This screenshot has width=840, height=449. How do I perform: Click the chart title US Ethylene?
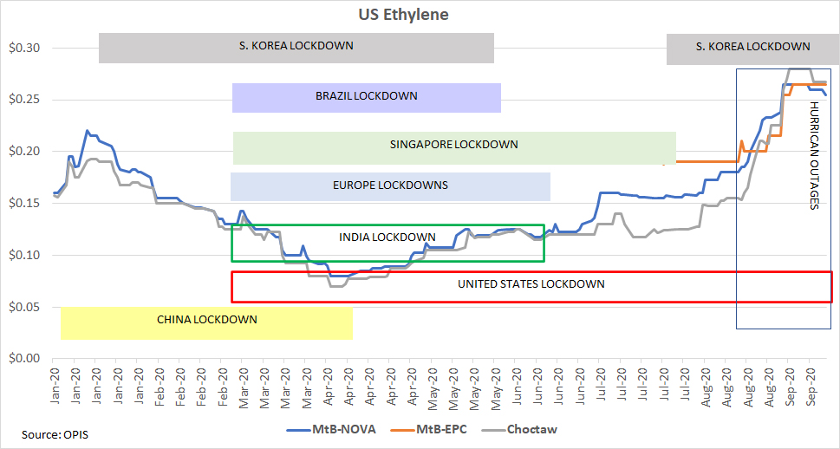pyautogui.click(x=403, y=15)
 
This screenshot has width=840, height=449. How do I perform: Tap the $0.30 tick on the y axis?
pyautogui.click(x=24, y=48)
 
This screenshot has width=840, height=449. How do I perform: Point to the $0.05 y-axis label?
pyautogui.click(x=24, y=307)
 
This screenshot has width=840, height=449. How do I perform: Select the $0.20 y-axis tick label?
pyautogui.click(x=24, y=151)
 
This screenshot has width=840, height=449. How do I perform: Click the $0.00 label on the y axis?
pyautogui.click(x=24, y=358)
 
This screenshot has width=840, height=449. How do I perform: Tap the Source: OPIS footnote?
pyautogui.click(x=55, y=433)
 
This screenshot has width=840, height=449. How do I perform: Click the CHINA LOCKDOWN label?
pyautogui.click(x=206, y=320)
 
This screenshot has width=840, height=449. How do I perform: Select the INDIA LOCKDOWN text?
pyautogui.click(x=387, y=238)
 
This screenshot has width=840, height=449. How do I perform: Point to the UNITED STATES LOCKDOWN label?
pyautogui.click(x=531, y=284)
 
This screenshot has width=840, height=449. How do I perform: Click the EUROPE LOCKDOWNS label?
pyautogui.click(x=390, y=185)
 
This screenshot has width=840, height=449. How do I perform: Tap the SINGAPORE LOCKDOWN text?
pyautogui.click(x=453, y=145)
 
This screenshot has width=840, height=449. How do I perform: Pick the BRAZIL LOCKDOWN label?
pyautogui.click(x=366, y=96)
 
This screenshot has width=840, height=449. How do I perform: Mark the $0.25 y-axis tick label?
pyautogui.click(x=24, y=100)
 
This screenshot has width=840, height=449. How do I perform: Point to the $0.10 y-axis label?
pyautogui.click(x=24, y=255)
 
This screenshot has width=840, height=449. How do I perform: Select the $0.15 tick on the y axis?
pyautogui.click(x=24, y=203)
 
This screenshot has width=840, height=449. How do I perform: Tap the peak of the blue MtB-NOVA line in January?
pyautogui.click(x=87, y=131)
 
